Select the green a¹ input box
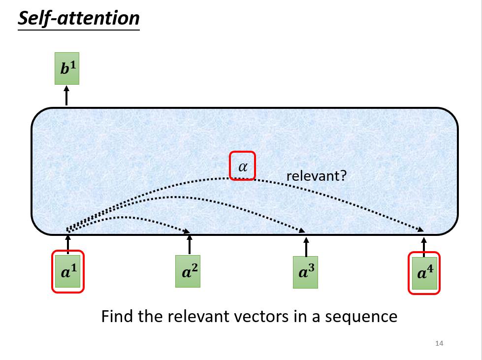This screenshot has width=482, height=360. (x=68, y=271)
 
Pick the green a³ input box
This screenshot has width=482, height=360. (x=306, y=272)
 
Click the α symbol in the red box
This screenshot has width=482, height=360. (x=243, y=166)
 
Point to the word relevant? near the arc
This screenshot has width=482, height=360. (x=316, y=175)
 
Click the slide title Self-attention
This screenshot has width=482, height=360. (x=79, y=18)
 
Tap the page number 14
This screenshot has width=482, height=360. (x=440, y=343)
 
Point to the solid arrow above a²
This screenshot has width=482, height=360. (x=190, y=243)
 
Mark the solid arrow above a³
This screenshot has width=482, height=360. (x=306, y=246)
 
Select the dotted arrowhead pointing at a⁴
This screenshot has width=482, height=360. (x=421, y=229)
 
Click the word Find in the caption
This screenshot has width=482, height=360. (x=118, y=316)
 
